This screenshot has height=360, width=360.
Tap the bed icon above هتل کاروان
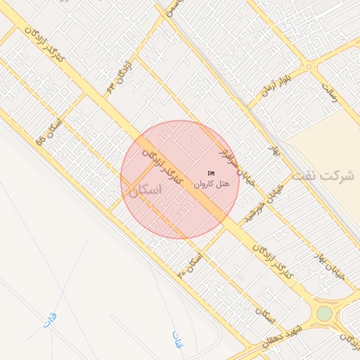click(211, 173)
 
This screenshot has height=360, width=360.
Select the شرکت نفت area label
click(323, 175)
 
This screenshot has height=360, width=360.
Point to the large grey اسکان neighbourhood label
click(145, 191)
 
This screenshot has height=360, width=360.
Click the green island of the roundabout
click(324, 314)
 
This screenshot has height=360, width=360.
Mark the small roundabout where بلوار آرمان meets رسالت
click(308, 67)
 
